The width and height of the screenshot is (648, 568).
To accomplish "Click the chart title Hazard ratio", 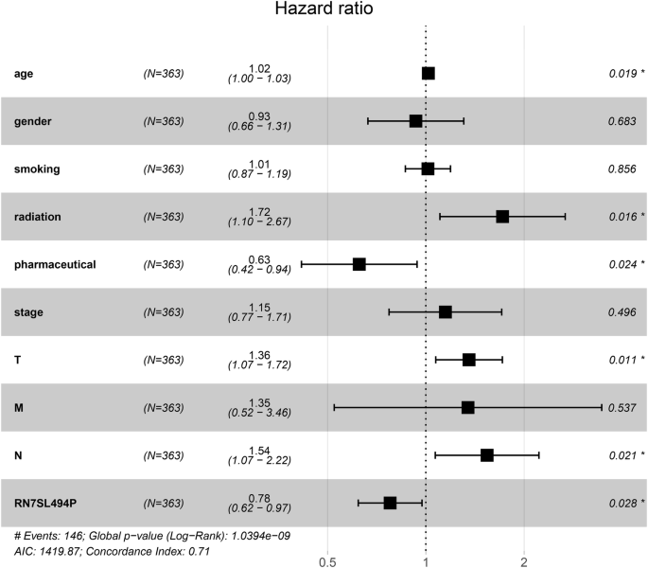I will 323,10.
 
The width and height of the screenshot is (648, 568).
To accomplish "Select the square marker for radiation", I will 502,217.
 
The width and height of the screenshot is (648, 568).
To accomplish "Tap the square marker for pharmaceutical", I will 359,264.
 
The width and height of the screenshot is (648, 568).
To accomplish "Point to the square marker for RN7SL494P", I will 390,503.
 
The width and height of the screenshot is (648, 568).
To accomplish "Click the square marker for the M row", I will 467,407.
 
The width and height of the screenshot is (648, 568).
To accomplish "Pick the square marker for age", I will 429,73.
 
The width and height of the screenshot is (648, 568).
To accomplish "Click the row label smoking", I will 38,169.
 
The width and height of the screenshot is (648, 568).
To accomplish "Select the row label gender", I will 34,121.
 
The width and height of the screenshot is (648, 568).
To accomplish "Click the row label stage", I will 30,312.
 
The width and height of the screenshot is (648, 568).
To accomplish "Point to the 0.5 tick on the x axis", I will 327,559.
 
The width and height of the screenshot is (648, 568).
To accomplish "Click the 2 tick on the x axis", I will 524,559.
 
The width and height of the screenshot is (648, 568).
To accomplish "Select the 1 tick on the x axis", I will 426,559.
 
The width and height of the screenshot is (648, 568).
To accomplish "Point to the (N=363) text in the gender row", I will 163,121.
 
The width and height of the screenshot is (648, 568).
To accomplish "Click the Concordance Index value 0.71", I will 196,551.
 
